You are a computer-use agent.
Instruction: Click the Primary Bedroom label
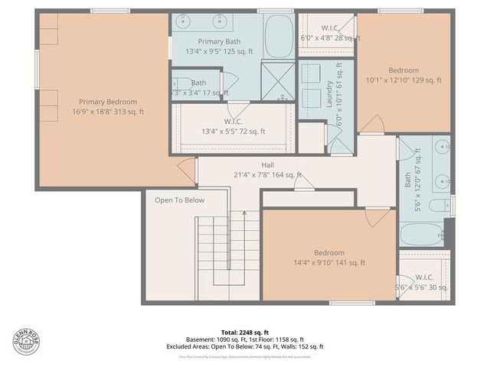coord(112,102)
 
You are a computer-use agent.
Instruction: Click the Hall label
coord(267,164)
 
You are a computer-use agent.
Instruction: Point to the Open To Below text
coord(179,200)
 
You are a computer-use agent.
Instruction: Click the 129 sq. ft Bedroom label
coord(403,70)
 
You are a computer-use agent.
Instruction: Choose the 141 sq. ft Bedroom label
coord(329,252)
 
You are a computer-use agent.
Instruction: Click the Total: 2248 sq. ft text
coord(246,332)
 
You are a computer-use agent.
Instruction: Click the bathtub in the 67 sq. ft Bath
coord(420,234)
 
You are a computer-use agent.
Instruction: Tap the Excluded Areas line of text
coord(246,346)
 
